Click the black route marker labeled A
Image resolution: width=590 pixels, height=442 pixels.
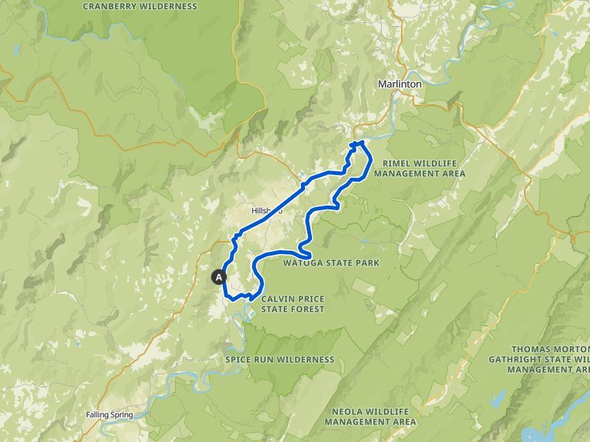(x=220, y=277)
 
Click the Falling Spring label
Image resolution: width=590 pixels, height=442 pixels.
(x=109, y=415)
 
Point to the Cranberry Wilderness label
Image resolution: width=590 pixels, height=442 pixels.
(x=139, y=7)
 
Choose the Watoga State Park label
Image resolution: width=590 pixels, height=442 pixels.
(x=331, y=263)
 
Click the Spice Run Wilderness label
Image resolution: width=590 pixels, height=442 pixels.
(x=280, y=359)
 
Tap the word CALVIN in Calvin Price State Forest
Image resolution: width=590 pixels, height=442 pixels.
(x=277, y=299)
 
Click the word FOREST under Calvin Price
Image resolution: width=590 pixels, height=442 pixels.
(x=307, y=309)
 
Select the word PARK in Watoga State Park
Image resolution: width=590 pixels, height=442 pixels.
(x=368, y=263)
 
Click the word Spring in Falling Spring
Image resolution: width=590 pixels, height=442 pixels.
(x=120, y=415)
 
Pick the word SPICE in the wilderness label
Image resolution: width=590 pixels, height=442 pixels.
(x=238, y=359)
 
